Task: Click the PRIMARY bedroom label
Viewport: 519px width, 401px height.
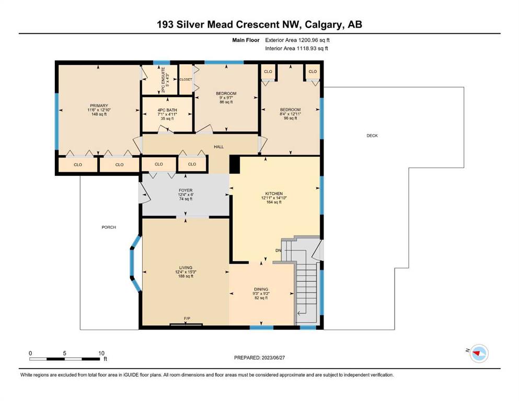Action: [99, 105]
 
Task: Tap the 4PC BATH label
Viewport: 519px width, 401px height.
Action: [167, 110]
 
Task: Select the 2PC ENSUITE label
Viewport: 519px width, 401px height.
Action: [163, 80]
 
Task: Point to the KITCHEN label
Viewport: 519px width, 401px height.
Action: [274, 193]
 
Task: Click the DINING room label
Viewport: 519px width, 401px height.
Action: [261, 289]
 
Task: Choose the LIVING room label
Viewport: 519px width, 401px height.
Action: [186, 267]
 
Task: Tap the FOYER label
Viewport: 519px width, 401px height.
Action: [186, 191]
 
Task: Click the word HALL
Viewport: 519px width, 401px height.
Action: [218, 146]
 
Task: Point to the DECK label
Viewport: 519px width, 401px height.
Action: [372, 136]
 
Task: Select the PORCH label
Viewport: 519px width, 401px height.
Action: [109, 227]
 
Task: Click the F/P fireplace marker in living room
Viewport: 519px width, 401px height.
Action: [187, 319]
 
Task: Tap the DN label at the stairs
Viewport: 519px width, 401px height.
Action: [279, 250]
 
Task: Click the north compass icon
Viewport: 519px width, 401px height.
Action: [479, 353]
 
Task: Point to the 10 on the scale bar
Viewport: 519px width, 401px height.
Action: [101, 353]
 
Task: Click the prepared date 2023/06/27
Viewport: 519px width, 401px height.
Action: [273, 357]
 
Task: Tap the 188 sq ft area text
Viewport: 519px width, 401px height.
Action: [186, 276]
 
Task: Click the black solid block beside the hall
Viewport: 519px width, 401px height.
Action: [234, 164]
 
